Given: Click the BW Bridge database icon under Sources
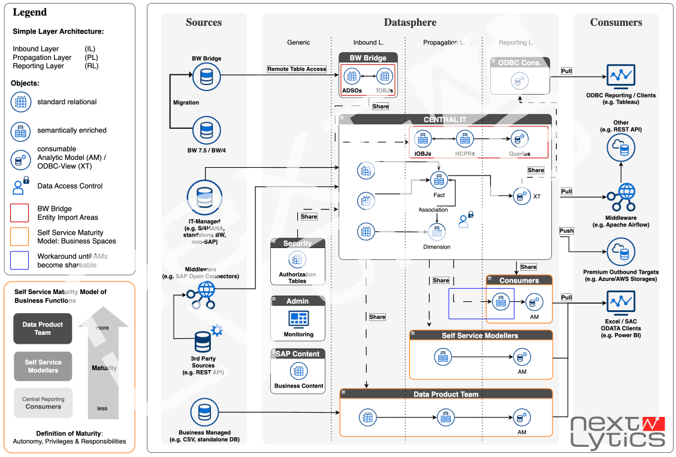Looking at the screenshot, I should point(206,75).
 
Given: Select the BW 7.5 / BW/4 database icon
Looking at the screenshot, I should point(206,128).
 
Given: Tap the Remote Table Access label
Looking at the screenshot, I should point(297,69).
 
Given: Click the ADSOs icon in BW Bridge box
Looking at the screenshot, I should point(352,76).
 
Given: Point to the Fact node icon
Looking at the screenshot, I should point(439,179).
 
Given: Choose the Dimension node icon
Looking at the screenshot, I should point(437,232).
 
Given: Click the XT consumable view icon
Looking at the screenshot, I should point(521,195).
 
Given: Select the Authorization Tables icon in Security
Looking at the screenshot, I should point(297,259).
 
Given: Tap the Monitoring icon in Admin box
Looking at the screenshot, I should point(298,318).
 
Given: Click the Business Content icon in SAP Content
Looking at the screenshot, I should point(298,371).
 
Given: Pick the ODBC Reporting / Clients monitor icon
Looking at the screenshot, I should point(620,76).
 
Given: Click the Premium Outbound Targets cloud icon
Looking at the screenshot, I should point(620,252).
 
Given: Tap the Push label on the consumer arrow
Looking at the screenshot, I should point(566,231).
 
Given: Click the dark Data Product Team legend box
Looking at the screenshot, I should point(43,328).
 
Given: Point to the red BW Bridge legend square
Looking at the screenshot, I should point(20,213).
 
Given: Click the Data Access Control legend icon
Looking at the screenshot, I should point(20,186).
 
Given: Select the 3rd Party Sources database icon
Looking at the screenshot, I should point(203,341).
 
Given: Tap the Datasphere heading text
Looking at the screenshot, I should point(410,23).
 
